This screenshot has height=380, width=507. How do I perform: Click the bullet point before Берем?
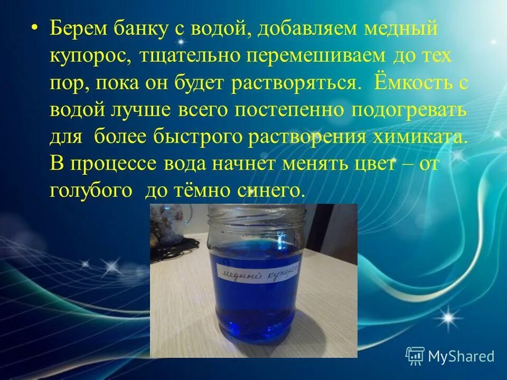35,28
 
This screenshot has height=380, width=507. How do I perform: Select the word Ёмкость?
407,84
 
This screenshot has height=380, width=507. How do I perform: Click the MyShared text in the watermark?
461,356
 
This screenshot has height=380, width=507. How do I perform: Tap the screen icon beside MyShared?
415,356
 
